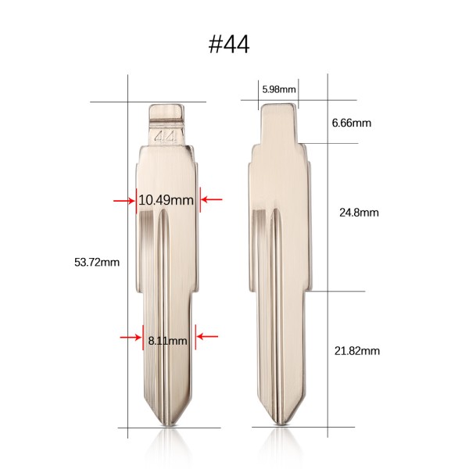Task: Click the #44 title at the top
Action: coord(229,45)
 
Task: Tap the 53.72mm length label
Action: coord(97,263)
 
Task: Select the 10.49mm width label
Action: coord(166,200)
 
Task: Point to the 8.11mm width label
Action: coord(167,340)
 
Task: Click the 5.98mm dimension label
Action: coord(279,89)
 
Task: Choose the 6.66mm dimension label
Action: coord(352,123)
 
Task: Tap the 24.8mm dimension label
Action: coord(359,213)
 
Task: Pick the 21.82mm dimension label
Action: coord(357,350)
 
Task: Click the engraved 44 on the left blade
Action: coord(166,138)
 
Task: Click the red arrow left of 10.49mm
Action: coord(124,200)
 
